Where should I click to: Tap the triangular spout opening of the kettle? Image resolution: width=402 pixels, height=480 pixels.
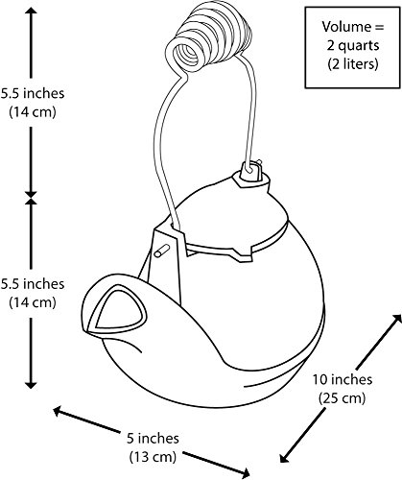coord(119,309)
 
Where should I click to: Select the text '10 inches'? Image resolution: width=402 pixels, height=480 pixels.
coord(343,379)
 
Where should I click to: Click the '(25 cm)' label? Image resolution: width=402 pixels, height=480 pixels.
coord(342,398)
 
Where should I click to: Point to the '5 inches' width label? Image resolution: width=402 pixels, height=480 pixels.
coord(153,438)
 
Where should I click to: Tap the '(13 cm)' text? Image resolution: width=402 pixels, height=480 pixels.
coord(153,457)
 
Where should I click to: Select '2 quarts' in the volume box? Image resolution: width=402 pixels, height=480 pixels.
coord(353,45)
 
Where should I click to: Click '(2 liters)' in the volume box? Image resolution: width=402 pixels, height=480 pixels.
coord(353,64)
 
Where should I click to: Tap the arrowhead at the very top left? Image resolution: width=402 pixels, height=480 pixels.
coord(31,11)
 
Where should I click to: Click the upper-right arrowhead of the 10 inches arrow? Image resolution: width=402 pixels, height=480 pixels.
coord(396,319)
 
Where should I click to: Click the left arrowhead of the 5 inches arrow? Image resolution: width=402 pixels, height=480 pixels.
coord(58,411)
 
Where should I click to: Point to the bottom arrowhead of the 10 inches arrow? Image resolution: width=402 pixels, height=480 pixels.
coord(284,457)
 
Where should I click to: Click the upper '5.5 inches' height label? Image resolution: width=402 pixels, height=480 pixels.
coord(33,93)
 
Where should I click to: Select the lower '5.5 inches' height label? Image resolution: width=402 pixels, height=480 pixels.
coord(33,283)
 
